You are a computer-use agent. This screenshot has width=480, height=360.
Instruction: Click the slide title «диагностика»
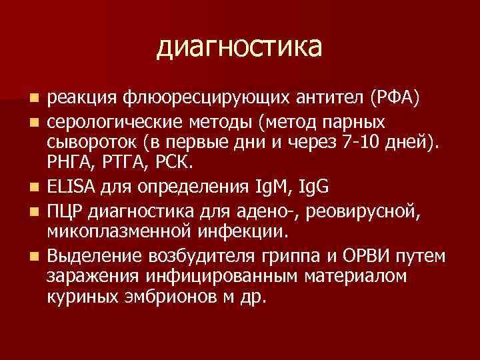240,48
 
